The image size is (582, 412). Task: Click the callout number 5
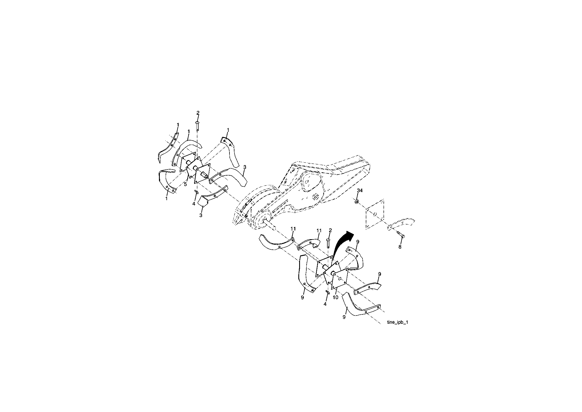tap(186, 184)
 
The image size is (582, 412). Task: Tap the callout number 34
tap(359, 191)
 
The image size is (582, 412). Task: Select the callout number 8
tap(400, 247)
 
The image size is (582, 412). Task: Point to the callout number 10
tap(336, 298)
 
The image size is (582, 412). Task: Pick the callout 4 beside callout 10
tap(325, 304)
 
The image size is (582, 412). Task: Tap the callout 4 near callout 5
tap(194, 204)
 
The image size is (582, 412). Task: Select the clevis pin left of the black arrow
tap(328, 243)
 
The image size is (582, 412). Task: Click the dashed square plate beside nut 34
tap(375, 214)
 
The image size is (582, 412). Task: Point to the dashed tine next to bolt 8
tap(401, 223)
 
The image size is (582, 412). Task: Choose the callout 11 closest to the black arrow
tap(319, 230)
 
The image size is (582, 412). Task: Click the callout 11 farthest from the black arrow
tap(293, 229)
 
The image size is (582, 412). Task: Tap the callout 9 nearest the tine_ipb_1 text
tap(344, 317)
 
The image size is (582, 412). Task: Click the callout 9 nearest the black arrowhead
tap(358, 242)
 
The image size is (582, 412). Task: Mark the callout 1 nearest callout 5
tap(166, 199)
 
